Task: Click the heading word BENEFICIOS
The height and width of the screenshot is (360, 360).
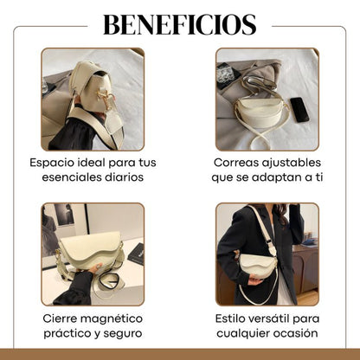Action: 180,23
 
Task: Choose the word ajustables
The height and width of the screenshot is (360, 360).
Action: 294,163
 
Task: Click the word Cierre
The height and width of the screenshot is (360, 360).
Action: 62,318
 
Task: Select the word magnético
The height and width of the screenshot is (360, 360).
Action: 115,318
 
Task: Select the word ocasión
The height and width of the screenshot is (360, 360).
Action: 295,333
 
